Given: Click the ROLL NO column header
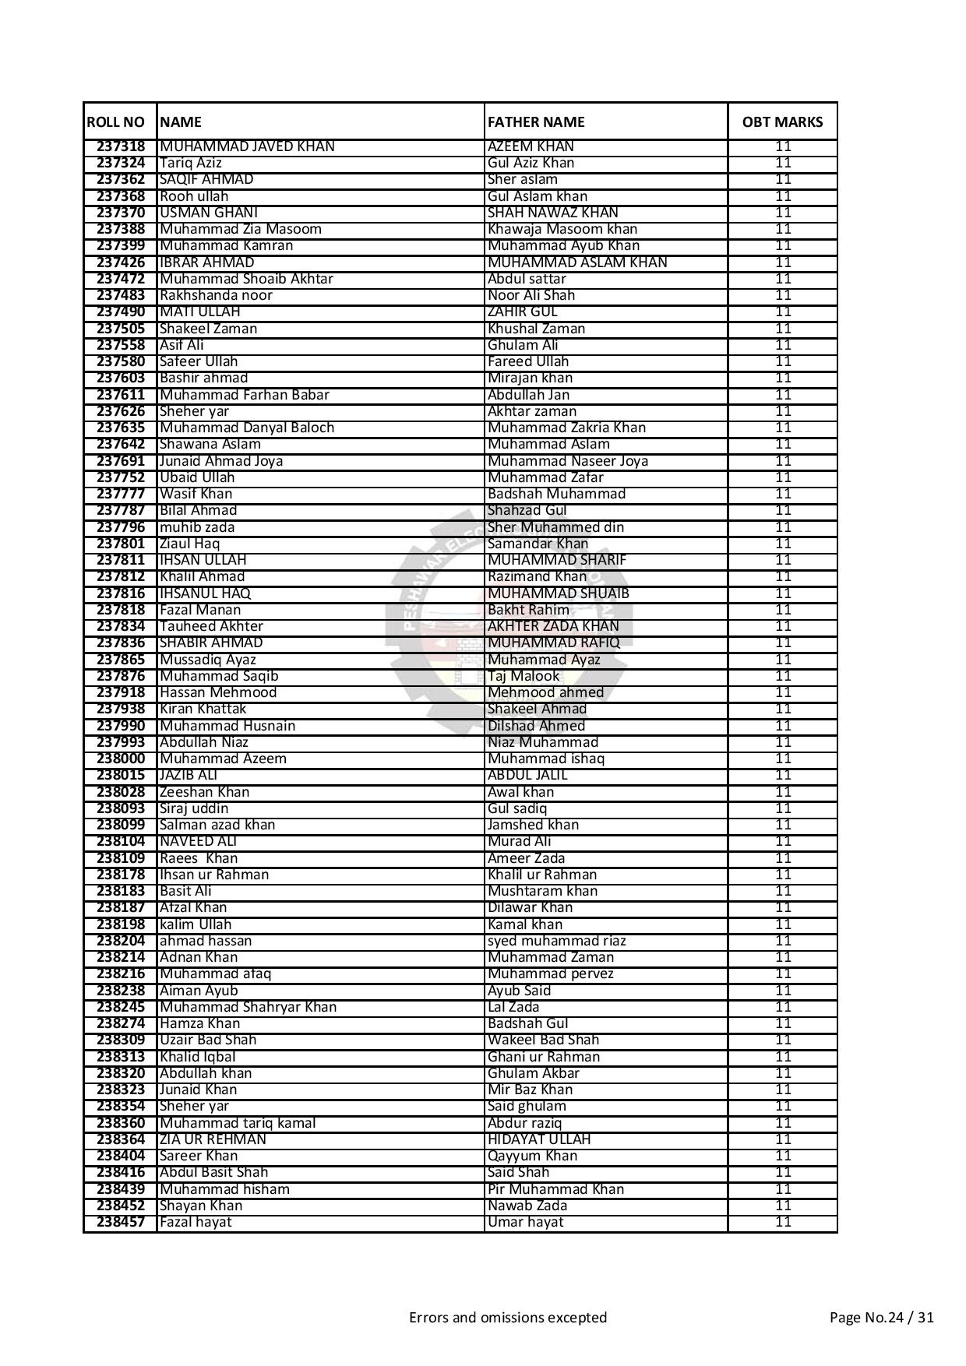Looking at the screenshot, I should (x=116, y=122).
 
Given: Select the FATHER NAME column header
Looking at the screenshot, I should (x=536, y=122).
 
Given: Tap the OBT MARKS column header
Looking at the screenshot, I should (x=782, y=122).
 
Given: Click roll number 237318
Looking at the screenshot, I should (x=121, y=146).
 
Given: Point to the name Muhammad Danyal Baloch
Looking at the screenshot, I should (x=247, y=428).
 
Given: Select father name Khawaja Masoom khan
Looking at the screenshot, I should (x=562, y=229).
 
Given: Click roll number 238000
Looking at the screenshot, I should (x=121, y=759).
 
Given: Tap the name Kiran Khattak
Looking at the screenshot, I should (x=203, y=709).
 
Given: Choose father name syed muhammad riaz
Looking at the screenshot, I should (x=557, y=941).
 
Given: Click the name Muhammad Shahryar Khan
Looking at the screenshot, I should (x=248, y=1007).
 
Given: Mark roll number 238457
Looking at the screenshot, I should (x=121, y=1222).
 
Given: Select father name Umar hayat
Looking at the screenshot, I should (x=526, y=1222).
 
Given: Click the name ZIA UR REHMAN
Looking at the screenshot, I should (x=213, y=1139).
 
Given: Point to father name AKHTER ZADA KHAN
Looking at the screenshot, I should (x=553, y=626).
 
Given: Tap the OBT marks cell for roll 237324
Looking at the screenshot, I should (x=783, y=163).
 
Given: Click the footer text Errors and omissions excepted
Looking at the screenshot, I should (x=508, y=1318).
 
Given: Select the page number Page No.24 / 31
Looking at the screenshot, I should (x=882, y=1318).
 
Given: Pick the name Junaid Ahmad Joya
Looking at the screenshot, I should (x=221, y=461).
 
